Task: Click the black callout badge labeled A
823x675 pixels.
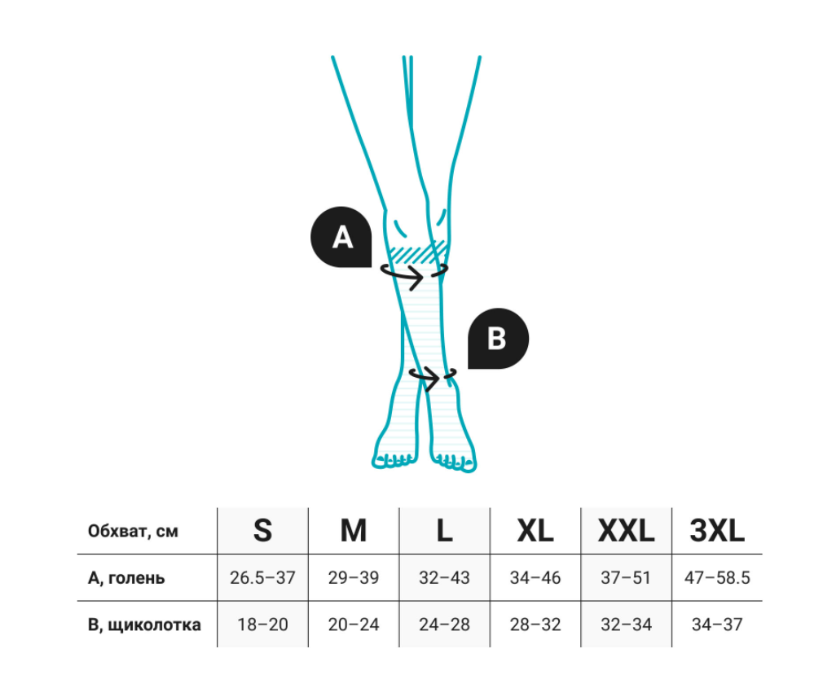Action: point(341,237)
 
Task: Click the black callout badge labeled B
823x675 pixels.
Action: point(498,338)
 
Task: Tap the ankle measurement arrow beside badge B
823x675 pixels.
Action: point(433,377)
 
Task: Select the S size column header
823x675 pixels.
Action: point(262,530)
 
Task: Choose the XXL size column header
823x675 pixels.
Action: point(626,530)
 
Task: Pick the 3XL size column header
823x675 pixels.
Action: point(717,530)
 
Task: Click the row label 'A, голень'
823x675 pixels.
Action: point(126,578)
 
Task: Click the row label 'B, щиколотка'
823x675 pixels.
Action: point(144,625)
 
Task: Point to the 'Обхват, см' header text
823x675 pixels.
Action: point(133,531)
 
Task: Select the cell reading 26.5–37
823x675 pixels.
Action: point(262,577)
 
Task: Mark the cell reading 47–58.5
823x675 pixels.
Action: point(717,577)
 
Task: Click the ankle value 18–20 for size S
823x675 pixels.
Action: point(262,625)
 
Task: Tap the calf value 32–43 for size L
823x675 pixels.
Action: point(444,577)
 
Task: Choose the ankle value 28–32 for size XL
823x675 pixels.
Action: point(535,625)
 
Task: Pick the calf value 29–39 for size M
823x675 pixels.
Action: point(354,577)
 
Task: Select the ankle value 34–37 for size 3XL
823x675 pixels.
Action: point(717,625)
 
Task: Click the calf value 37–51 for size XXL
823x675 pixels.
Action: point(626,577)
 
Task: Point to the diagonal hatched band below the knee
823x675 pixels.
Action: point(416,252)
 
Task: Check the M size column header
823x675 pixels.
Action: point(354,530)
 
